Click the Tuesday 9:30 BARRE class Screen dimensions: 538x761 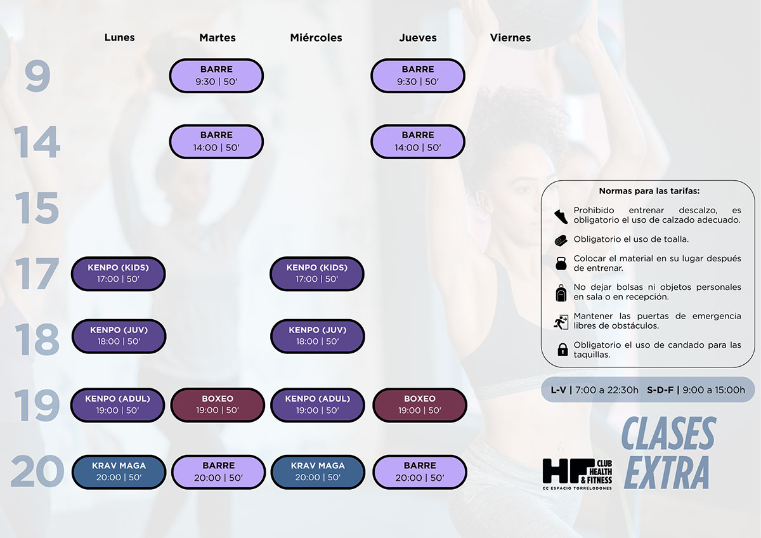coord(216,75)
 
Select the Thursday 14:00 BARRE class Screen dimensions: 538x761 coord(418,141)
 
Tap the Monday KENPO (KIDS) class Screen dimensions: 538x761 coord(118,273)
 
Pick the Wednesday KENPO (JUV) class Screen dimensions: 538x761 coord(317,336)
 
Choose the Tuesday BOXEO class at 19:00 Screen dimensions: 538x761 coord(218,405)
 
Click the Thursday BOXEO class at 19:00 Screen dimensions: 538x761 coord(419,405)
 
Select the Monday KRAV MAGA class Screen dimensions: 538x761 coord(119,471)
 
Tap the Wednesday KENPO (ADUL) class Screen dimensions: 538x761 coord(317,405)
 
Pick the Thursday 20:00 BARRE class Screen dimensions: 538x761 coord(419,471)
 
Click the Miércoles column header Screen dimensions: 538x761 coord(316,38)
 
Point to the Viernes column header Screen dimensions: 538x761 coord(510,38)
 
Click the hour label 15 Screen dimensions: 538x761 coord(37,208)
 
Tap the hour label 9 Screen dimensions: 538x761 coord(37,75)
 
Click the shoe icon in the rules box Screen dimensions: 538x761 coord(561,216)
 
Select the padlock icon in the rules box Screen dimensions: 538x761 coord(562,350)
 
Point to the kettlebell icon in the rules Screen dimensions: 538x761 coord(561,263)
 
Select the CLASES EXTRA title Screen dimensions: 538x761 coord(668,452)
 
